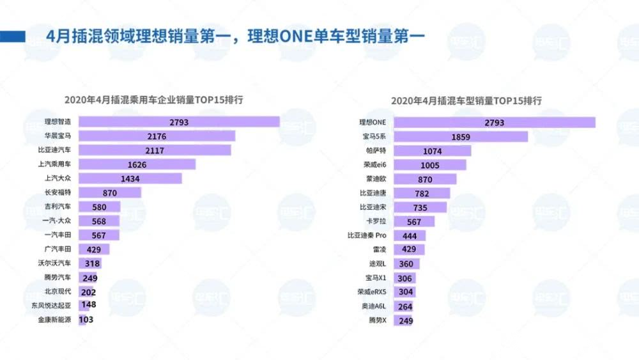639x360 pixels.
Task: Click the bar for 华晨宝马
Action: tap(157, 136)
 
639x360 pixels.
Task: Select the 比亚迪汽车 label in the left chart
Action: tap(54, 150)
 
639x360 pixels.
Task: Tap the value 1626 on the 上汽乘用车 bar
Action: tap(137, 164)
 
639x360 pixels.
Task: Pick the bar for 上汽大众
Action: tap(130, 178)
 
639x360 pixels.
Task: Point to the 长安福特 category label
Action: tap(58, 192)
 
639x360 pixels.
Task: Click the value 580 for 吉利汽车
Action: tap(99, 207)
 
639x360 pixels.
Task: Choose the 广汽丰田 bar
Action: tap(94, 249)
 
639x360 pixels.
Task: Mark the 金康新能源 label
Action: tap(54, 320)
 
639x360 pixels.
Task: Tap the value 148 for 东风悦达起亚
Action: tap(88, 304)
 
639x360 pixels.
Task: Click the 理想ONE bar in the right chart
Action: tap(495, 122)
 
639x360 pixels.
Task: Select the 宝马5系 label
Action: tap(374, 136)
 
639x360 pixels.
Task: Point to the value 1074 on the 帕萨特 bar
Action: tap(433, 151)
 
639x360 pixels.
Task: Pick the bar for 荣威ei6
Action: tap(430, 165)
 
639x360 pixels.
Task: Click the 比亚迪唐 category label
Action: tap(373, 192)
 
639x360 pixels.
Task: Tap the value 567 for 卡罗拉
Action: tap(413, 221)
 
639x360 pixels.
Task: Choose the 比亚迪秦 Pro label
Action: tap(367, 235)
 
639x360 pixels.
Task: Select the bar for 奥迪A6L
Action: tap(403, 306)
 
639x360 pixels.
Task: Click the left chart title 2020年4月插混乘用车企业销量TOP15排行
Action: tap(153, 100)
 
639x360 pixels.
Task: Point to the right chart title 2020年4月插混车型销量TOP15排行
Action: tap(466, 100)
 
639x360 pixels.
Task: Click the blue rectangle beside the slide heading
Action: tap(13, 36)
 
